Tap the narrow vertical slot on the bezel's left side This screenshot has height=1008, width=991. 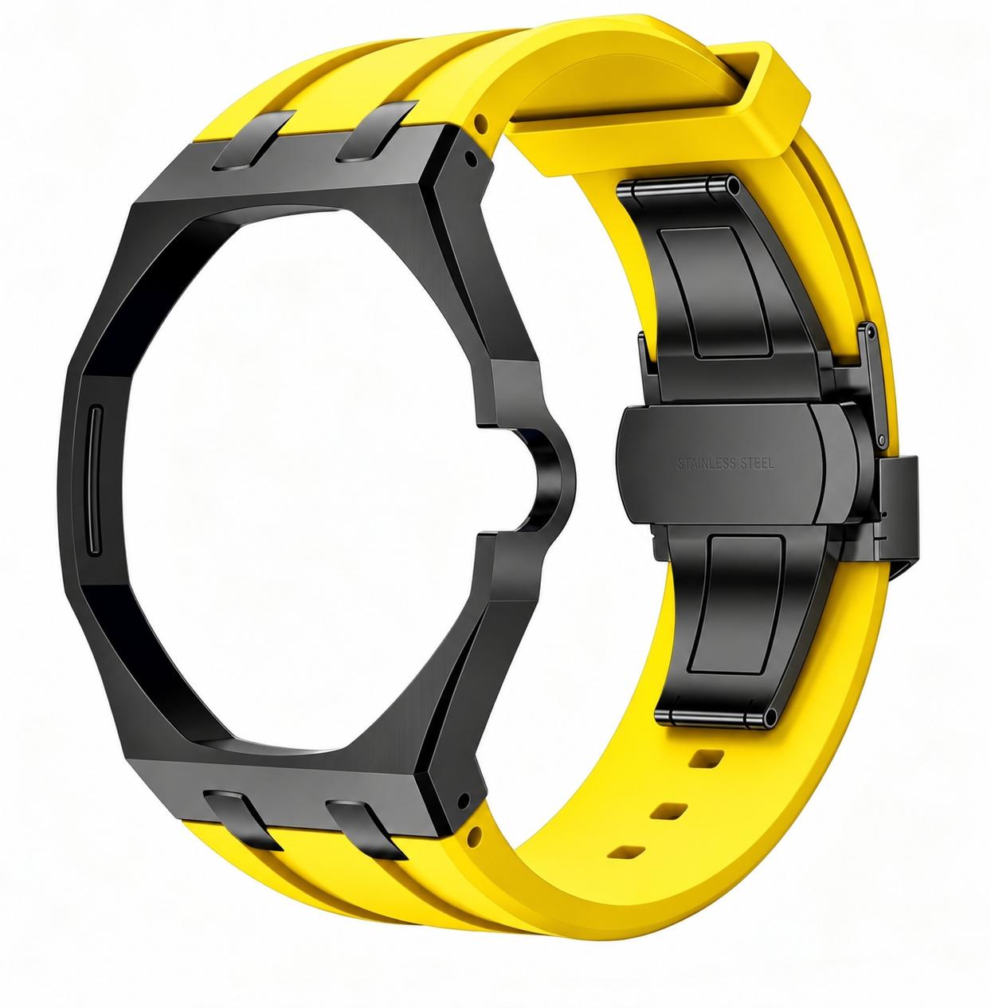click(95, 480)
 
